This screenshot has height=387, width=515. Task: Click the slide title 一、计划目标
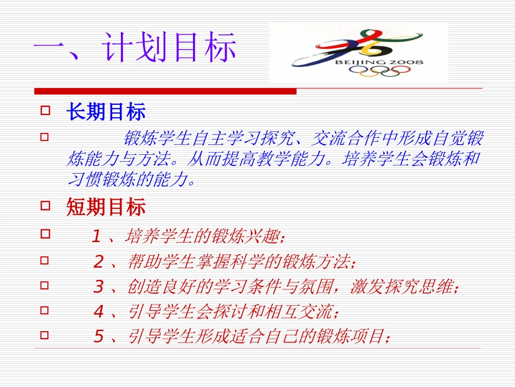pos(135,48)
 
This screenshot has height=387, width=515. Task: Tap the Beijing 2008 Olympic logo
pos(358,53)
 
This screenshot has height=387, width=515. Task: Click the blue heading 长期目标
pos(106,112)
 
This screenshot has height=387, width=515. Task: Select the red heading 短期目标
pos(106,207)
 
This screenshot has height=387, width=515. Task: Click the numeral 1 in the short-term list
pos(96,237)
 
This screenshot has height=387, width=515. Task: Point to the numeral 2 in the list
pos(98,262)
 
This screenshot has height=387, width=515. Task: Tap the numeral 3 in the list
pos(98,287)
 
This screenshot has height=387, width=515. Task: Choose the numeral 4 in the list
pos(98,312)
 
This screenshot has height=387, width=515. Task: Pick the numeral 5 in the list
pos(98,337)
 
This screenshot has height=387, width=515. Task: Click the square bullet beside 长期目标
pos(46,111)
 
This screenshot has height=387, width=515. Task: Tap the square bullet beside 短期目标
pos(46,205)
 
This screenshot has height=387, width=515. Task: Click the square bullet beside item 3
pos(46,284)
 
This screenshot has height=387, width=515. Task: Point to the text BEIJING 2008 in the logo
pos(379,62)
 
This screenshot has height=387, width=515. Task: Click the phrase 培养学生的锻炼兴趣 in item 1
pos(204,237)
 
